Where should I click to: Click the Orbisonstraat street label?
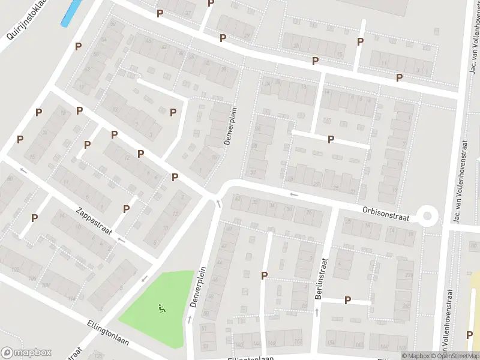click(x=385, y=214)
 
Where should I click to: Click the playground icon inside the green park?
click(x=161, y=309)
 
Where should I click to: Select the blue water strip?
click(x=71, y=13)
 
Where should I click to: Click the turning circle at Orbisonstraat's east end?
click(x=427, y=215)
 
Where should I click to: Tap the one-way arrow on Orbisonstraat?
click(x=293, y=194)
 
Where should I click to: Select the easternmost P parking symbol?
click(x=399, y=77)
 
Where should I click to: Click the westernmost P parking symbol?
click(x=20, y=139)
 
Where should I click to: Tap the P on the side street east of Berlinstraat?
click(x=347, y=300)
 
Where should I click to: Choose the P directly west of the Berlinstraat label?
click(x=264, y=275)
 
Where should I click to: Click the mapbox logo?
click(x=27, y=353)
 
